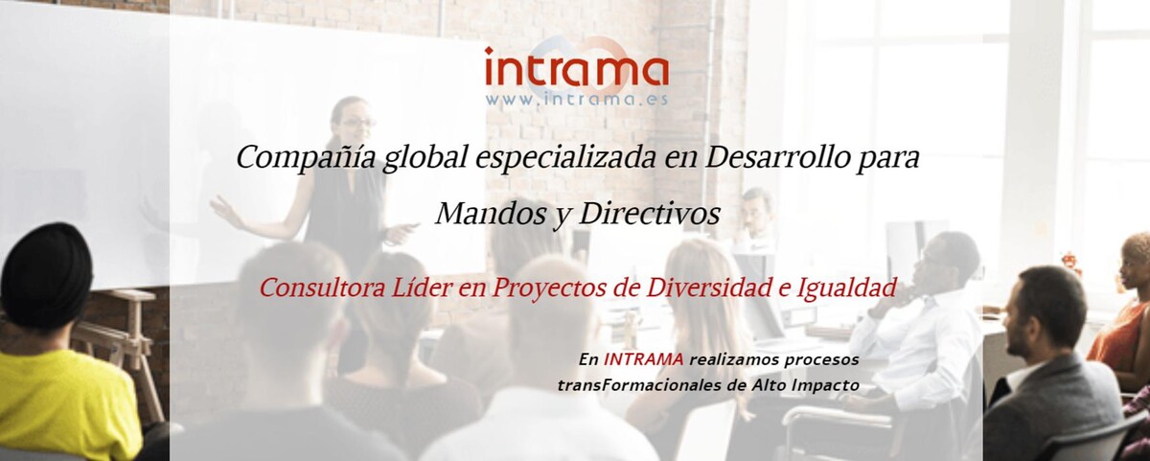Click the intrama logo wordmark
tap(576, 71)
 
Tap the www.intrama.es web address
tap(576, 99)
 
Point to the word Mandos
tap(477, 214)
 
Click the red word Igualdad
tap(855, 288)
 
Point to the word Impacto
tap(825, 385)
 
